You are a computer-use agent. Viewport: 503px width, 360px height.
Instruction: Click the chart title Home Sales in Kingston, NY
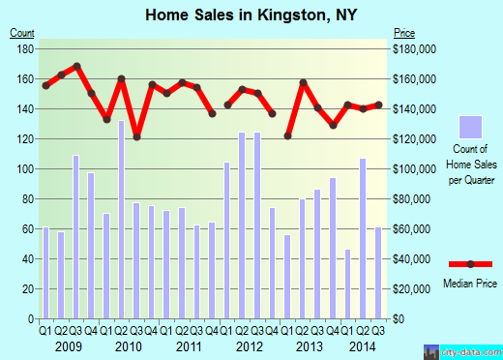(251, 14)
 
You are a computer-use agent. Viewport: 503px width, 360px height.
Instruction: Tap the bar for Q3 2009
(76, 236)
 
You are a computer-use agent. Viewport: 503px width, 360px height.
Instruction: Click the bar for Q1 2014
(348, 284)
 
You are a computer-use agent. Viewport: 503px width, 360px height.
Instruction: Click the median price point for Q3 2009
(76, 66)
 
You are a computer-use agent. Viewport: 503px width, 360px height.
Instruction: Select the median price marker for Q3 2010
(136, 136)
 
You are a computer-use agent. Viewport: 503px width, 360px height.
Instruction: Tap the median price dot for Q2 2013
(303, 82)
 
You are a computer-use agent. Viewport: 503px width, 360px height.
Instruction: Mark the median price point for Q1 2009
(46, 85)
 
